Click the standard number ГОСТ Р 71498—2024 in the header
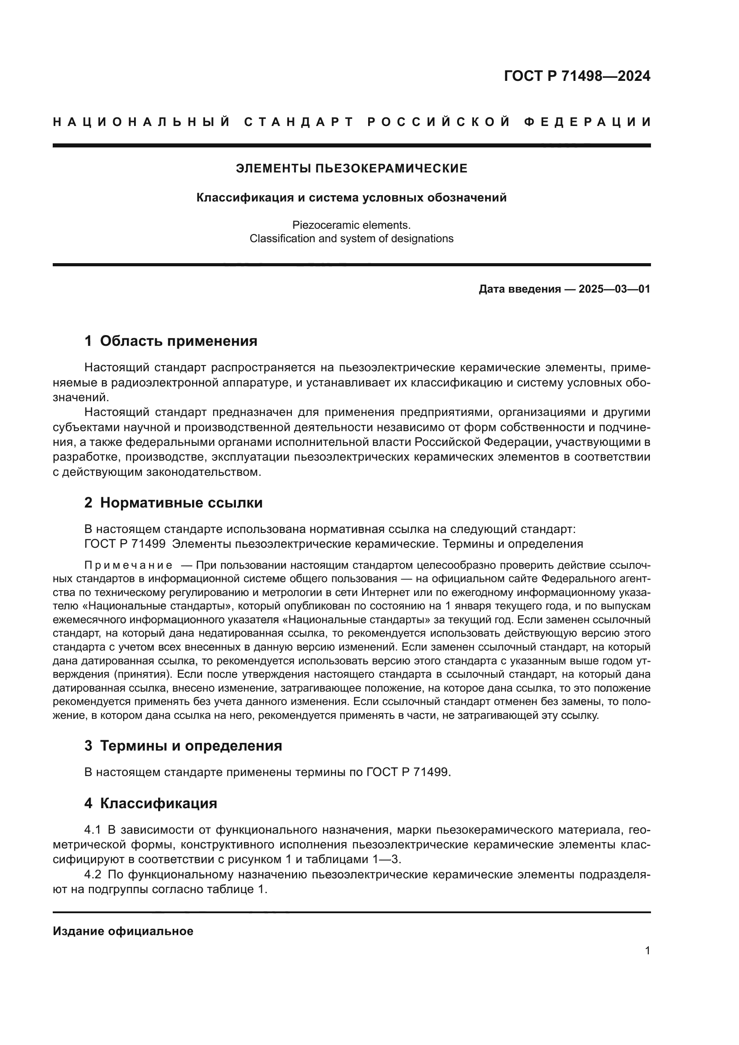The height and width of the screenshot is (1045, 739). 577,76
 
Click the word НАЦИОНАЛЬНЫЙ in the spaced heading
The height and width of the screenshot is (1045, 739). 141,122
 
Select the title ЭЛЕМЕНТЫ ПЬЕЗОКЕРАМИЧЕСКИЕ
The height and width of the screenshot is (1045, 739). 351,168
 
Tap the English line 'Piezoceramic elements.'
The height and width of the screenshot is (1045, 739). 351,225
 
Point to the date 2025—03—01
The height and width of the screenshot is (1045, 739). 614,289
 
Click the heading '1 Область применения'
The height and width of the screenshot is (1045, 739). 171,340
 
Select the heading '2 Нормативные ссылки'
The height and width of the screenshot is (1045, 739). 173,503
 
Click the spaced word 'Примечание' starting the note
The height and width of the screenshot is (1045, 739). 128,565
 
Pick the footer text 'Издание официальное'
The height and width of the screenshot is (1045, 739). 123,931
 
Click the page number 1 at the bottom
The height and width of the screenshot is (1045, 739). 647,950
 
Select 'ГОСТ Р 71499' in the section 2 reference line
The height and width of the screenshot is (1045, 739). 125,544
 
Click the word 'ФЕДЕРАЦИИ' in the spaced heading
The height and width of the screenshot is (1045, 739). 587,122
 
